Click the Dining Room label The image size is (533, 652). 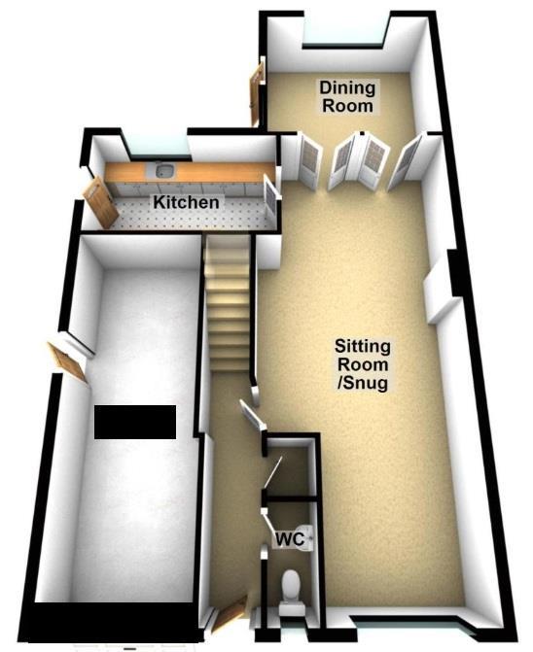coord(347,96)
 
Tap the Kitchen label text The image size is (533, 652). coord(186,202)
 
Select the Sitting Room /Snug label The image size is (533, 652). coord(363,364)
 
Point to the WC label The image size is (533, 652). coord(291,539)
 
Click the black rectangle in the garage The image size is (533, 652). coord(135,422)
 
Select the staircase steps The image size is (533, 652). coord(228,303)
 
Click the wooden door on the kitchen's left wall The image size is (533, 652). coord(101,202)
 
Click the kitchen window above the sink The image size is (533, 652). coord(158,147)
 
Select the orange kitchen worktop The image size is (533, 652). coord(190,172)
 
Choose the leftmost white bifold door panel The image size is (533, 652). coord(310,159)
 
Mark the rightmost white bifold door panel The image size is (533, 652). coord(406,162)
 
